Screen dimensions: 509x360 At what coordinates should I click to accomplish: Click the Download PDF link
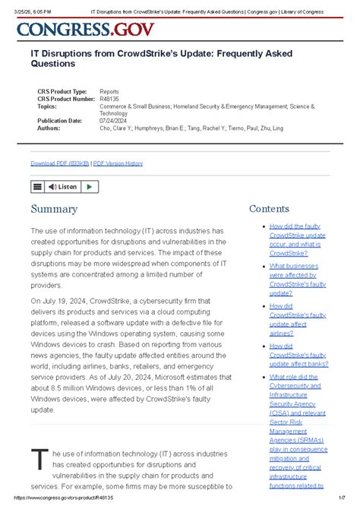click(x=59, y=163)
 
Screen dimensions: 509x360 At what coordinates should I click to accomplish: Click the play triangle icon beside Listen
click(x=89, y=186)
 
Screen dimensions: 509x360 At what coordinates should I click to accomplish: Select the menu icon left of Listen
click(x=37, y=186)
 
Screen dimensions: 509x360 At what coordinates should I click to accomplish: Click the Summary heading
click(x=53, y=209)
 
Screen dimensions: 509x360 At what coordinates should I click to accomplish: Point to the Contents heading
click(x=269, y=209)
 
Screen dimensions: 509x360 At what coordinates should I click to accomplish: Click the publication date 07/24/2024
click(x=112, y=120)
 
